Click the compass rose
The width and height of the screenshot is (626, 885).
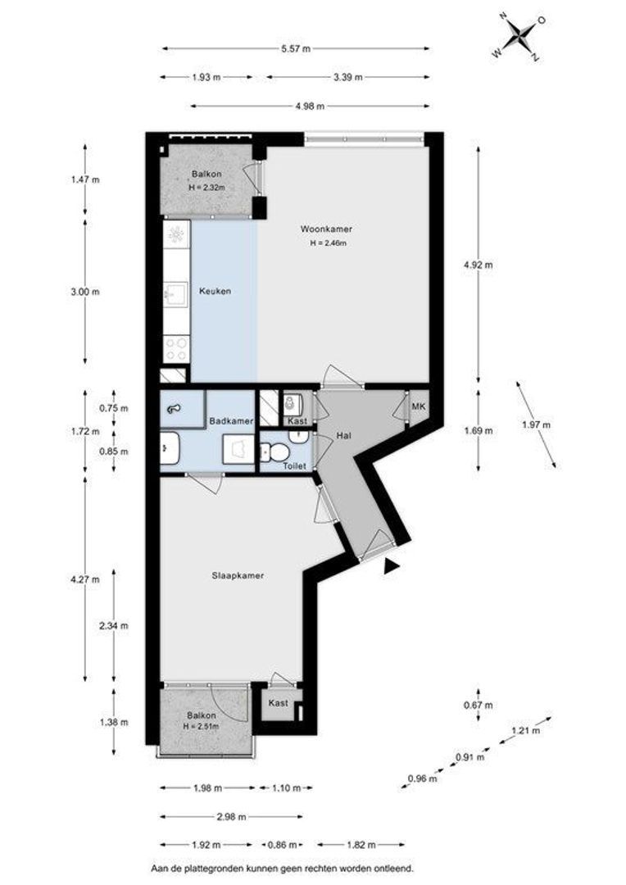[518, 37]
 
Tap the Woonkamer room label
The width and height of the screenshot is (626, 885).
[326, 229]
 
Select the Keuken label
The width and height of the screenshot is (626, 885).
[215, 291]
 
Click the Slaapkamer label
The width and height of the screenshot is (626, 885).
[238, 576]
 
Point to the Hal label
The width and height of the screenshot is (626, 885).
[344, 436]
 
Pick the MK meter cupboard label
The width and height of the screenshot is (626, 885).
[418, 406]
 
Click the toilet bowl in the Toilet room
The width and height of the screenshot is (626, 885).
[274, 452]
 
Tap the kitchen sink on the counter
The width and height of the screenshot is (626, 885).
[175, 293]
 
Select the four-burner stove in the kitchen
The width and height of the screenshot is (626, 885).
[176, 348]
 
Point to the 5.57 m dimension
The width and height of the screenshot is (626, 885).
[296, 48]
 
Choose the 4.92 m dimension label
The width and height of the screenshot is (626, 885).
[478, 264]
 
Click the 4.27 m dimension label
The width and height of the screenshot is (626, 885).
[84, 579]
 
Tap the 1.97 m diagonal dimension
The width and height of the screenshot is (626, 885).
[535, 424]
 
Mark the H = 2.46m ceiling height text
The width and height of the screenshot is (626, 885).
[328, 244]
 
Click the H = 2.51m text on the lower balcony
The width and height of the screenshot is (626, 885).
[201, 726]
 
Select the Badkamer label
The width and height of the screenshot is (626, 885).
[231, 421]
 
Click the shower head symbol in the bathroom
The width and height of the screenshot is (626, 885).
[174, 409]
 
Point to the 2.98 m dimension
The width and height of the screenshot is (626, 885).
[231, 816]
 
